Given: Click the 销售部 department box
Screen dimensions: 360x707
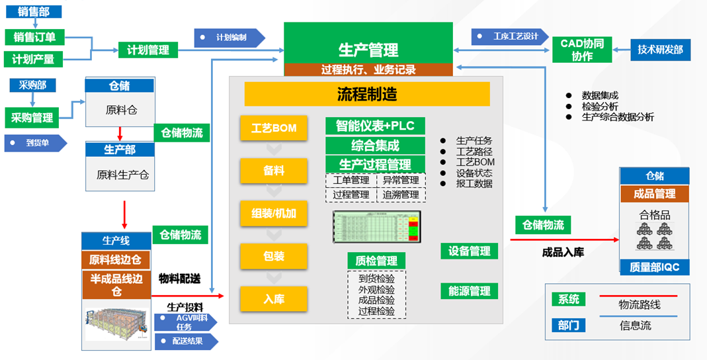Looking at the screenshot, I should click(x=34, y=11).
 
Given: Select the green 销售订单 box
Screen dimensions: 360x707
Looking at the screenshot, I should click(x=34, y=36).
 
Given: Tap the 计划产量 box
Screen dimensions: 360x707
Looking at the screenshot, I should click(x=33, y=59).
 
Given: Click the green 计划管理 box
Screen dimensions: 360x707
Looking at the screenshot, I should click(x=148, y=50).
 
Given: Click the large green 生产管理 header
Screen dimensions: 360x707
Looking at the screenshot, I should click(x=368, y=49).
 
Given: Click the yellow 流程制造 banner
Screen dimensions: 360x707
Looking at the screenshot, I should click(x=367, y=94).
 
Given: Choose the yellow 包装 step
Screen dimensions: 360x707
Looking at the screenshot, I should click(x=274, y=255).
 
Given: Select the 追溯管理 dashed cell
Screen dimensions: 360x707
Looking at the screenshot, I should click(x=401, y=195).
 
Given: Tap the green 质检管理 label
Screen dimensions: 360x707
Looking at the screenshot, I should click(x=376, y=261).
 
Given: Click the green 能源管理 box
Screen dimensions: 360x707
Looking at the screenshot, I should click(x=470, y=291).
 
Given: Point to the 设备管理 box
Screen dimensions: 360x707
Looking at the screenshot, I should click(x=470, y=251).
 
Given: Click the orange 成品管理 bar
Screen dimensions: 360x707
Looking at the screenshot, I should click(x=654, y=194).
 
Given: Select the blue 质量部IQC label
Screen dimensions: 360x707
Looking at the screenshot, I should click(x=654, y=267).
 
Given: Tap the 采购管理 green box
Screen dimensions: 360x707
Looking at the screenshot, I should click(x=32, y=118).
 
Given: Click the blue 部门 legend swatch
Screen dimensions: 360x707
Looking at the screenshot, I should click(x=568, y=325).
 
